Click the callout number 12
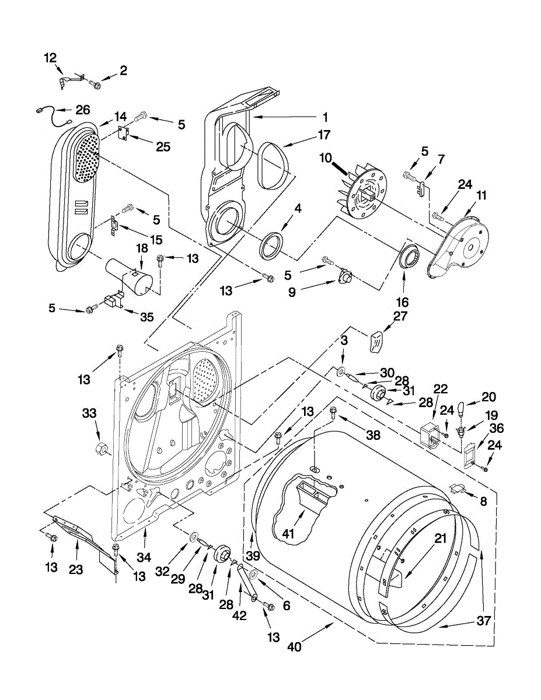point(51,58)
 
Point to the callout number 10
point(325,157)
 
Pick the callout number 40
point(294,646)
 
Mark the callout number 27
point(400,317)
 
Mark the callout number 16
point(403,302)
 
